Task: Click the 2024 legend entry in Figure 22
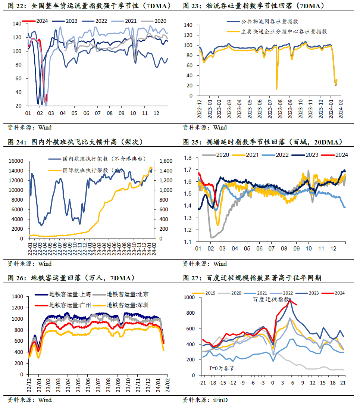(38, 22)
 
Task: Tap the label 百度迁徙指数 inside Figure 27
(271, 299)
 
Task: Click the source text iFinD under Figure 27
(220, 400)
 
